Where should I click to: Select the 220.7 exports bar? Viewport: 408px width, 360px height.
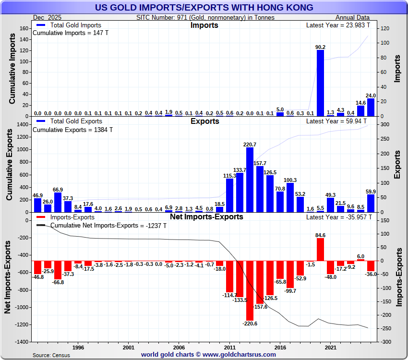pyautogui.click(x=250, y=180)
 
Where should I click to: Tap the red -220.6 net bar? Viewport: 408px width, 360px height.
pyautogui.click(x=250, y=290)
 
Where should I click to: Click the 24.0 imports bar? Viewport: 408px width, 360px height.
pyautogui.click(x=371, y=107)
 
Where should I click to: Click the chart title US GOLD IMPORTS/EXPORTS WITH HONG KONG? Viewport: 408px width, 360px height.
pyautogui.click(x=204, y=7)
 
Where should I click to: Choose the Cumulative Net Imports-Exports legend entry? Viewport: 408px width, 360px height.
pyautogui.click(x=108, y=225)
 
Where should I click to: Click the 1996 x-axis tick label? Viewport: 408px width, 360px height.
pyautogui.click(x=78, y=347)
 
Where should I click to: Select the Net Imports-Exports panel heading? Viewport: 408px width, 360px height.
pyautogui.click(x=206, y=217)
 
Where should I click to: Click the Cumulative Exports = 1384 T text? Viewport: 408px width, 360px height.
pyautogui.click(x=72, y=130)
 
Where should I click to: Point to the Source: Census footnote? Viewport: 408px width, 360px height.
pyautogui.click(x=51, y=355)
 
